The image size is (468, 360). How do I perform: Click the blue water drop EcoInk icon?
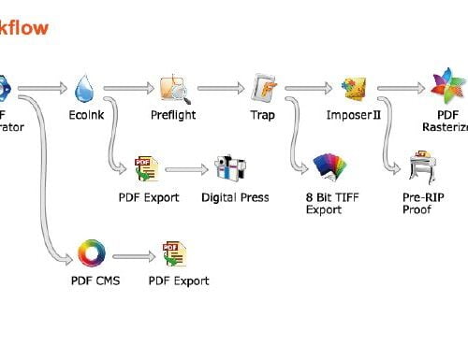coord(85,88)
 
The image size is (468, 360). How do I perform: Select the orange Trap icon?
coord(264,88)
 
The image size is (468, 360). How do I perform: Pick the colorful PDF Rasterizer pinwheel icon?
coord(443,88)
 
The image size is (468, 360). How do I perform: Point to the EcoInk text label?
coord(85,116)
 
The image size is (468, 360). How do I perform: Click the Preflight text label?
coord(174,116)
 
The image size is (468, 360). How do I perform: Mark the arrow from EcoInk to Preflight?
coord(128,89)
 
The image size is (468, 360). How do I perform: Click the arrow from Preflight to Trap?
coord(218,89)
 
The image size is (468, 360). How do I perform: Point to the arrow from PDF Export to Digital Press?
coord(185,171)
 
